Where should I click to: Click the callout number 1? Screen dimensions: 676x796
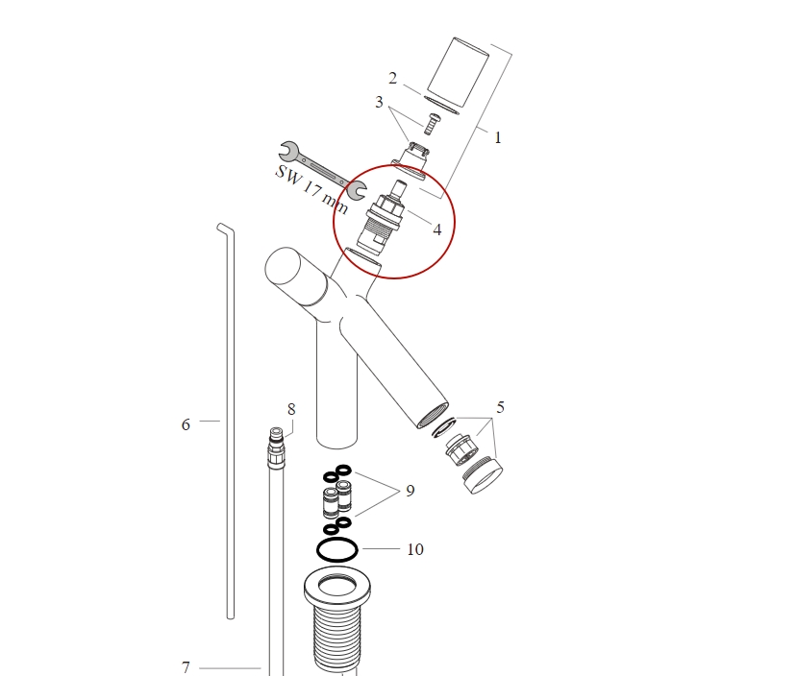[x=498, y=137]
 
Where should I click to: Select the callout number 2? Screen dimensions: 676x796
[x=392, y=78]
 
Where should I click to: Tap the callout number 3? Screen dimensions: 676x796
[x=380, y=102]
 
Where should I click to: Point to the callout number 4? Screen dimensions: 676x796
[x=437, y=229]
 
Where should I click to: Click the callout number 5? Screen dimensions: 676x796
[x=500, y=407]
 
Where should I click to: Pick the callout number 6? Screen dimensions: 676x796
[x=187, y=423]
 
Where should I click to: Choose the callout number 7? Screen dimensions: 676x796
[x=187, y=667]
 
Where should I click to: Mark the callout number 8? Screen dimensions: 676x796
[x=291, y=409]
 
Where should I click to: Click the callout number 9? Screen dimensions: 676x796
[x=410, y=491]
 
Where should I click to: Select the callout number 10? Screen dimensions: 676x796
[x=415, y=550]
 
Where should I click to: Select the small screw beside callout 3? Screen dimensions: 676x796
[x=431, y=123]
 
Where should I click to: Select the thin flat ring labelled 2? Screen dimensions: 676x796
[x=441, y=101]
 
